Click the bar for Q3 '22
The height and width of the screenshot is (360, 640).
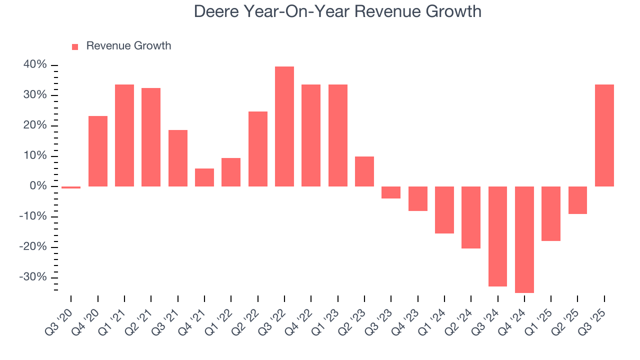click(284, 126)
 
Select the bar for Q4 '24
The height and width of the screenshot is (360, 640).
click(524, 239)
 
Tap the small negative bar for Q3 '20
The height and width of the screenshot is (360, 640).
click(71, 187)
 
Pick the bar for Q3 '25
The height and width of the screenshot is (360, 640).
click(604, 135)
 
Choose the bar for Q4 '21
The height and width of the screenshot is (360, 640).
click(204, 177)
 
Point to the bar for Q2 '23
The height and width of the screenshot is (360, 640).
click(364, 171)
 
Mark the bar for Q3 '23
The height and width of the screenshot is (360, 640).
click(391, 192)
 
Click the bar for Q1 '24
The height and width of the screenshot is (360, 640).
click(444, 210)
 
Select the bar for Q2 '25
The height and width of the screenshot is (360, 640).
click(577, 200)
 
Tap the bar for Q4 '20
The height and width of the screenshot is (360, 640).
click(98, 151)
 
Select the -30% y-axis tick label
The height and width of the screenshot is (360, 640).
click(33, 277)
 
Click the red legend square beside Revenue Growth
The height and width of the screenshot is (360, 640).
click(75, 47)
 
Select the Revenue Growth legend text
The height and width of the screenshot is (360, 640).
click(128, 46)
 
